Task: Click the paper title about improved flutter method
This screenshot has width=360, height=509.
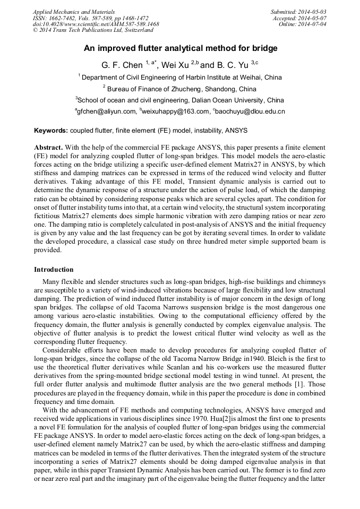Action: pos(181,48)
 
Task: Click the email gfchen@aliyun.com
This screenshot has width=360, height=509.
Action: pos(106,111)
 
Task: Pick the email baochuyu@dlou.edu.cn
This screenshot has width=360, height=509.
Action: pos(250,111)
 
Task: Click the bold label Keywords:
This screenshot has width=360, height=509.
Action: pos(51,130)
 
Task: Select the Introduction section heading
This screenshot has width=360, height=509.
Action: pos(54,270)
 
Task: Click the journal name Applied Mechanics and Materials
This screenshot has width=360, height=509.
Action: pos(73,12)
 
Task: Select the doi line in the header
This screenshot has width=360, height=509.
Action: pos(96,24)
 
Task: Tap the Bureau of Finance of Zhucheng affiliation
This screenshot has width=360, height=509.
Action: pos(179,89)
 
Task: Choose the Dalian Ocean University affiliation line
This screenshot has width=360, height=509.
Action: pos(181,100)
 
